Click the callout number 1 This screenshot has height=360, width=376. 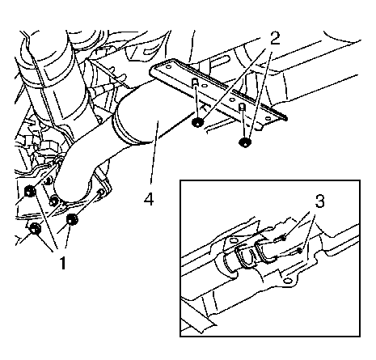(62, 263)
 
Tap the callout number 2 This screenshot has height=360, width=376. (274, 39)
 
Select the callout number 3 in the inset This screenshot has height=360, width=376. (319, 201)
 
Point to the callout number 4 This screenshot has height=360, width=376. (149, 200)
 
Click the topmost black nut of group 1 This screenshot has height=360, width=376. (30, 192)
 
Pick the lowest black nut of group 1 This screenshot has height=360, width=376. (35, 229)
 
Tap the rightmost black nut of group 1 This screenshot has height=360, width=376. (72, 219)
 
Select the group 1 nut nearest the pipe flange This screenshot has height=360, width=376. (54, 201)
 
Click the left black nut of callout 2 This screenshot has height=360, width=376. (197, 122)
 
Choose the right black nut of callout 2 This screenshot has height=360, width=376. (244, 142)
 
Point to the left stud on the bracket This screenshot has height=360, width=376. (195, 83)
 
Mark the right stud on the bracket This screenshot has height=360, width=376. (243, 107)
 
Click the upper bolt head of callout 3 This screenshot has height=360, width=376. (283, 238)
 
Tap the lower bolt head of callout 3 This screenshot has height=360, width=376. (299, 251)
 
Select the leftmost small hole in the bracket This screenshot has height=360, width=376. (168, 66)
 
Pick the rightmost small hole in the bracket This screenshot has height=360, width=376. (267, 119)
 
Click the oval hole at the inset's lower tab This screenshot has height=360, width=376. (287, 281)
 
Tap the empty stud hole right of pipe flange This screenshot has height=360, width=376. (101, 192)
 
